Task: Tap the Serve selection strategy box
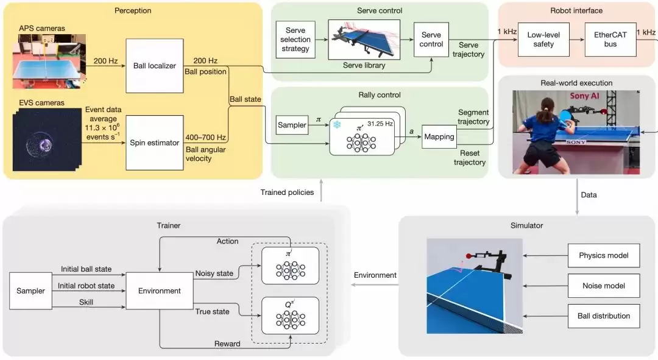coord(295,40)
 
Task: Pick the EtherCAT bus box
coord(610,40)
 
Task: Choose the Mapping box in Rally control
coord(439,136)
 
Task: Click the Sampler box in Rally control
coord(292,125)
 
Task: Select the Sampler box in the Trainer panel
coord(31,291)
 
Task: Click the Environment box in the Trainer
coord(158,291)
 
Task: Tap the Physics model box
coord(604,255)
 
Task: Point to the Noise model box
coord(604,285)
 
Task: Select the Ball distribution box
coord(604,316)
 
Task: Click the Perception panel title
coord(132,10)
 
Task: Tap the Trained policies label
coord(288,192)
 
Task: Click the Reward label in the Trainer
coord(228,344)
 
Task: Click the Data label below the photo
coord(589,195)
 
